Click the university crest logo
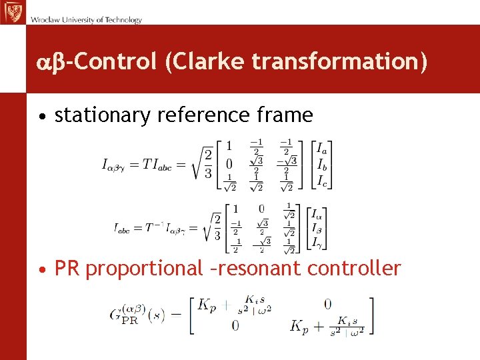12,12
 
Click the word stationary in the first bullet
103,115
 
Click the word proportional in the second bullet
143,269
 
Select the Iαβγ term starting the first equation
117,165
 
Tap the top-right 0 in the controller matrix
327,304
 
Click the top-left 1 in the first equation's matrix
229,146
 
